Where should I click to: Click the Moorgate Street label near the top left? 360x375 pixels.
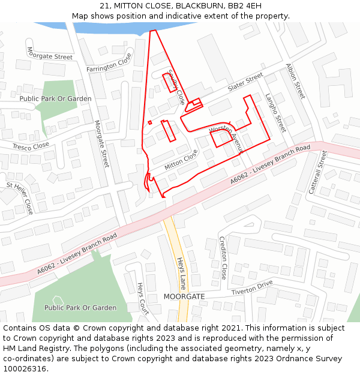coord(50,56)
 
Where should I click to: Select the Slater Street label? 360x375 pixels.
coord(245,82)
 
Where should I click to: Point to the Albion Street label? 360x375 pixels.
coord(296,81)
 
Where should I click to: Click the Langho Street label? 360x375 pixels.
coord(275,113)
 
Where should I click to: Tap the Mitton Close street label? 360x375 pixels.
coord(181,159)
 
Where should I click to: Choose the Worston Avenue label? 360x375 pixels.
coord(224,140)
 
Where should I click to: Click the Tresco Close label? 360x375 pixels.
coord(31,146)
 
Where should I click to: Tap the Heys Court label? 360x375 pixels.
coord(143,298)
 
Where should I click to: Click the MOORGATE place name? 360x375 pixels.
coord(184,296)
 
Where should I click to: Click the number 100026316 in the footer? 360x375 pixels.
coord(25,368)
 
